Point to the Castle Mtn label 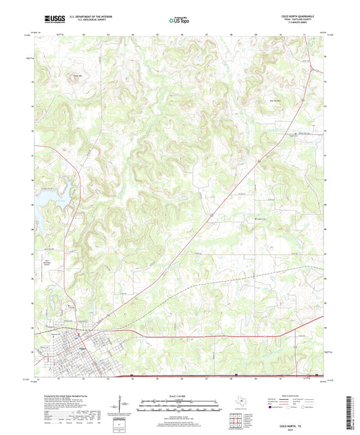click(78, 76)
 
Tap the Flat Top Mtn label click(267, 103)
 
